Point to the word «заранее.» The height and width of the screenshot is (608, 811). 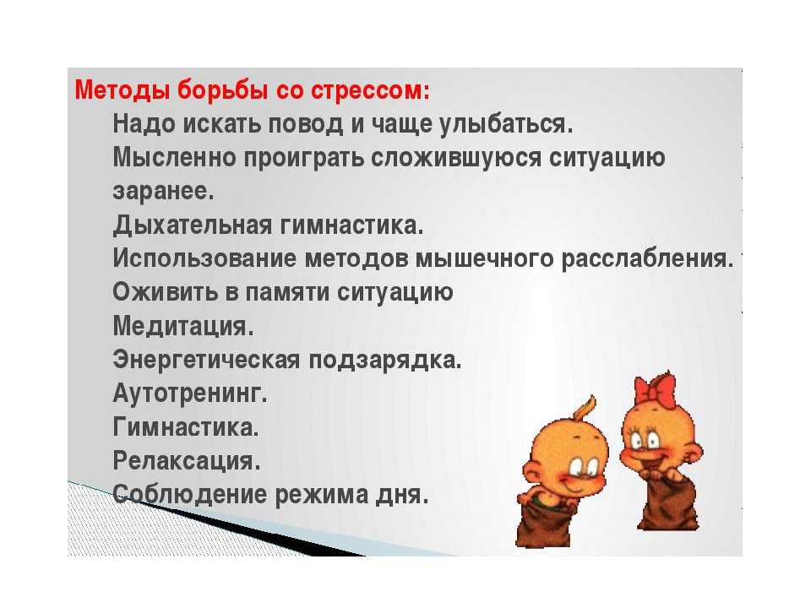coord(163,192)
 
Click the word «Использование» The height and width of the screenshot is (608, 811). coord(204,258)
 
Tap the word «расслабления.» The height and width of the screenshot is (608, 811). coord(648,259)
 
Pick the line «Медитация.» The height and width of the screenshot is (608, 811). coord(183,327)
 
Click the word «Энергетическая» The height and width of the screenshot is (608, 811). coord(206,361)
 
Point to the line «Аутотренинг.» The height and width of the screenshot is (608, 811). coord(190,394)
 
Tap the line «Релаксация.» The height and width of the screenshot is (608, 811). coord(187,462)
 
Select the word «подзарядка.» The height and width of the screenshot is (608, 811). coord(385,361)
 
